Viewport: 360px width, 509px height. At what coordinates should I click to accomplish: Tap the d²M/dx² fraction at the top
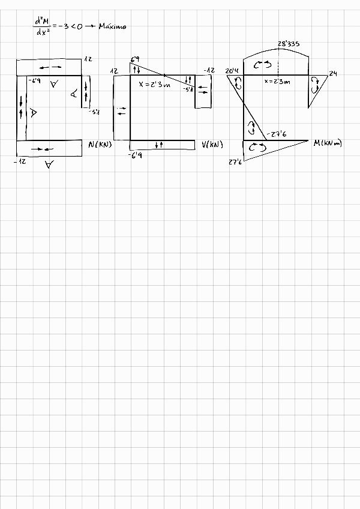tap(43, 26)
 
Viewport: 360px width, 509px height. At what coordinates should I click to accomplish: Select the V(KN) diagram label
tap(212, 144)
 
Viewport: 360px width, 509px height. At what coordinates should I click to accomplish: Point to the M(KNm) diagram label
tap(328, 143)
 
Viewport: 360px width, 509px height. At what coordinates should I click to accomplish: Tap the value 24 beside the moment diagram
tap(333, 73)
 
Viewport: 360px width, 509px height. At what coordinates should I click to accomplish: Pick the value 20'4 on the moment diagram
tap(232, 71)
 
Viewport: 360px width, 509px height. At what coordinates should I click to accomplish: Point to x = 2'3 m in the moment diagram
tap(277, 82)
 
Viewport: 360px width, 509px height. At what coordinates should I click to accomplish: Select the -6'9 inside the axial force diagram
tap(34, 80)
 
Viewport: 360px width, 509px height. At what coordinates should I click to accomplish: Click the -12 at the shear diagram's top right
tap(209, 71)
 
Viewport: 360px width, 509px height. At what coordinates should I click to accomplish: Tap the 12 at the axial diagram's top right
tap(88, 59)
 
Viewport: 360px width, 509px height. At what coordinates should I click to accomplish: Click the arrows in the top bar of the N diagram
tap(51, 66)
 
